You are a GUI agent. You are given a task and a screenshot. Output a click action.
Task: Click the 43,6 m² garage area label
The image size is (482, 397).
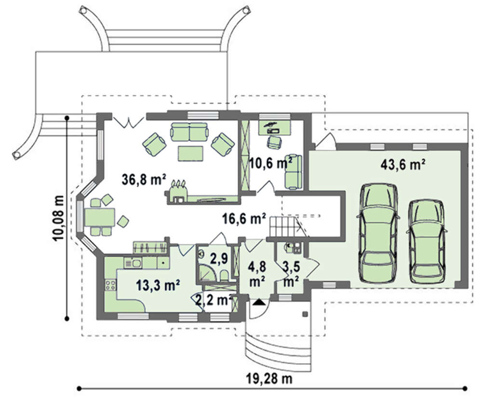[x=402, y=165]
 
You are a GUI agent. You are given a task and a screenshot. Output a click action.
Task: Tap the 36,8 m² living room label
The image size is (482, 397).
[x=144, y=179]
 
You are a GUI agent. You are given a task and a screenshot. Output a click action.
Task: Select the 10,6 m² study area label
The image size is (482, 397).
[x=270, y=163]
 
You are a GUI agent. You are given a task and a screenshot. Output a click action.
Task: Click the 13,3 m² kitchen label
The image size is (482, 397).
[x=158, y=285]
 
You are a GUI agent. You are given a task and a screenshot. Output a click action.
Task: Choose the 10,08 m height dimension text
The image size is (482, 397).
[x=59, y=218]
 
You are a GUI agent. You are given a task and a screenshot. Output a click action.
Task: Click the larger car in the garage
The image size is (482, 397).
[x=378, y=233]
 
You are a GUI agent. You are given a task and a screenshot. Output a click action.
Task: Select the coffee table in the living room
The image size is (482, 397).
[x=190, y=153]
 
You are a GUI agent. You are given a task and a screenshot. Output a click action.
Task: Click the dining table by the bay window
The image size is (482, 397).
[x=99, y=217]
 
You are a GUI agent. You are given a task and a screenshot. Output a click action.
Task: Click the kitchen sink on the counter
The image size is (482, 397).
[x=133, y=263]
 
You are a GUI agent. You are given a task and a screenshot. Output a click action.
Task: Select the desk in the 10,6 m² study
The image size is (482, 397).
[x=275, y=127]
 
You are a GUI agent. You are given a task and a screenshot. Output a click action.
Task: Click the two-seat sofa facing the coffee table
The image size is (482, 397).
[x=189, y=132]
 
